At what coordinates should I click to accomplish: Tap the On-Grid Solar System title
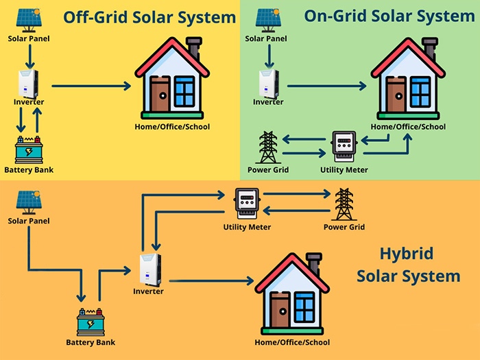pos(389,16)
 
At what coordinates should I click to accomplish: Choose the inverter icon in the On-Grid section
pos(268,83)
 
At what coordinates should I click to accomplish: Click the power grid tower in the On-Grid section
pos(267,147)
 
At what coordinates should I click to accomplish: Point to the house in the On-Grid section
pos(408,79)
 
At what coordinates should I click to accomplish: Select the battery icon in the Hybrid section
pos(91,322)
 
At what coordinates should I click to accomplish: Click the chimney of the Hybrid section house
pos(315,262)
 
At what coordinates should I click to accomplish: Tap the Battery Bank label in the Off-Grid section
pos(28,169)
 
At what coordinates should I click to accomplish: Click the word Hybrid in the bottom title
pos(407,254)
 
